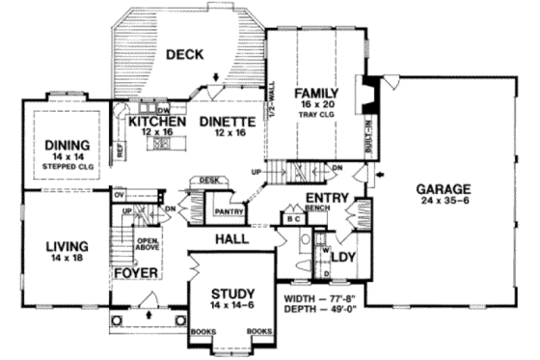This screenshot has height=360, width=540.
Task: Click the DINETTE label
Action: coord(226,123)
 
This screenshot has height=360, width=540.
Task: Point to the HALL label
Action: coord(233,237)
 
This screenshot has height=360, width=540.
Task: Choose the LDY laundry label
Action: coord(343,258)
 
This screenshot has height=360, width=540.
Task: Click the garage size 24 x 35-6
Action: coord(444,202)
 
